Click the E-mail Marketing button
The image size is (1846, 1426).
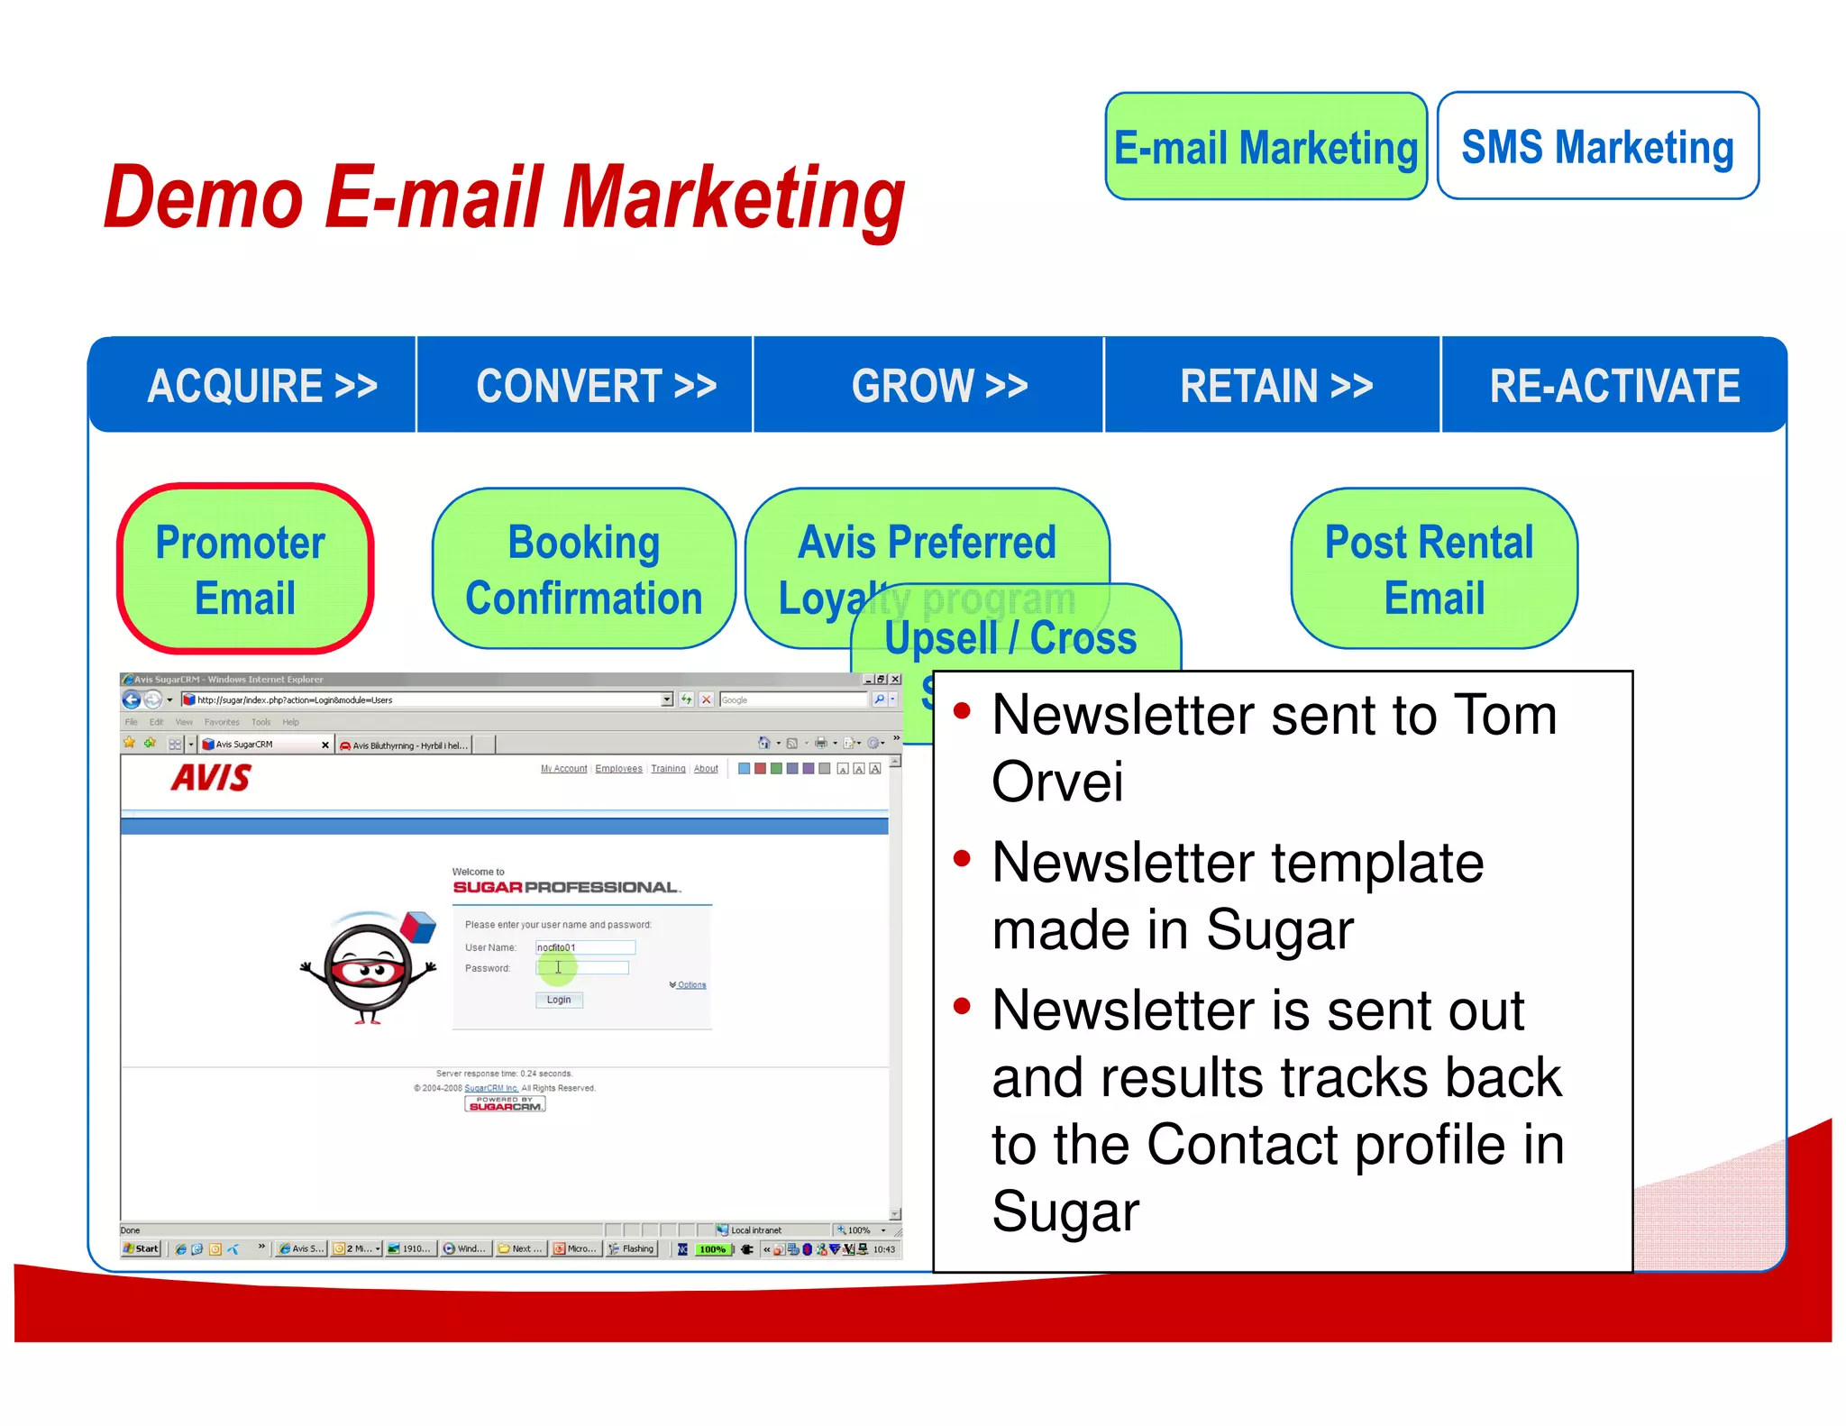coord(1266,147)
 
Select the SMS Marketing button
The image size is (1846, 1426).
coord(1597,147)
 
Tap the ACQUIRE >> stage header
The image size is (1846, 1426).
coord(260,386)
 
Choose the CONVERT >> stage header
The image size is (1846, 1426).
coord(595,386)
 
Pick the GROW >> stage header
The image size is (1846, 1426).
coord(938,386)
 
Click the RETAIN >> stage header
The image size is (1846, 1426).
coord(1275,386)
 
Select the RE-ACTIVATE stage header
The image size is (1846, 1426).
coord(1613,386)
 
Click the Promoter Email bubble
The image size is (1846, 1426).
coord(244,570)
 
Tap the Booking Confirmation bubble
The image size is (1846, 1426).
coord(583,570)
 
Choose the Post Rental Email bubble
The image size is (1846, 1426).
coord(1432,570)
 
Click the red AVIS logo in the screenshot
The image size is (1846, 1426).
coord(212,778)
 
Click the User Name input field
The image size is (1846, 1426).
coord(585,947)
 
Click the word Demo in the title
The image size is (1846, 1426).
coord(204,198)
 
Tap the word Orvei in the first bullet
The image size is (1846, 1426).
coord(1057,781)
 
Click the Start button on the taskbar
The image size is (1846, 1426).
coord(142,1248)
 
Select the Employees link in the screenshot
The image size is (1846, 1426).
coord(618,769)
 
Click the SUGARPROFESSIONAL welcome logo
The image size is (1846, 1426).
coord(565,887)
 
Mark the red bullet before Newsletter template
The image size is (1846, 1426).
coord(962,859)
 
